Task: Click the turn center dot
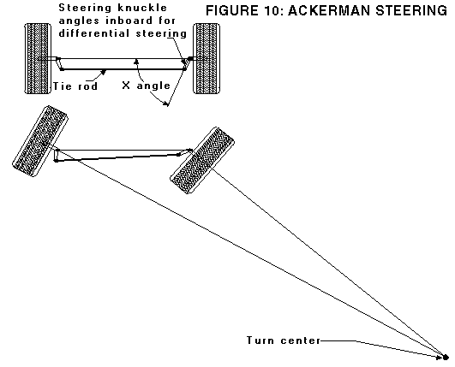click(446, 355)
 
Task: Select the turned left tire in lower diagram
click(39, 139)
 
